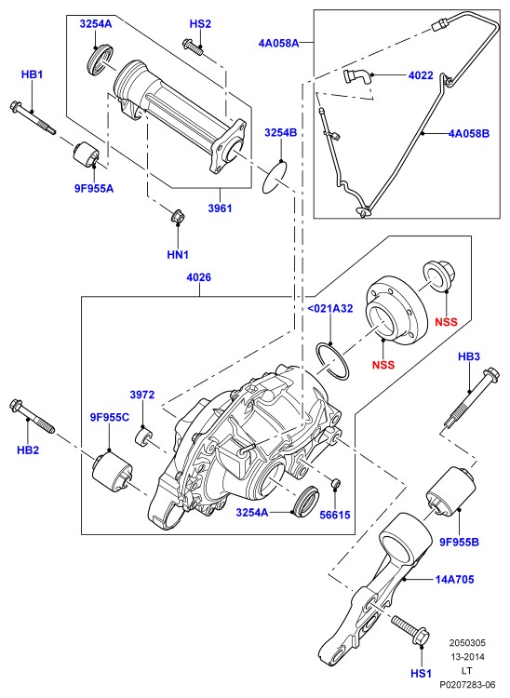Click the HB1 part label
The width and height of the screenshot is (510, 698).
tap(32, 74)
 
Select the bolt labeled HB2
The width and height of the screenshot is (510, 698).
tap(32, 416)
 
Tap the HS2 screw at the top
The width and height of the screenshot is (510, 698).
tap(193, 47)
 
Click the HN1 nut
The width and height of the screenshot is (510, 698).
tap(178, 216)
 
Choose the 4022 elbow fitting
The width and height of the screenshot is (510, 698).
tap(356, 76)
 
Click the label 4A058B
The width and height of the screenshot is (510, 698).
tap(469, 133)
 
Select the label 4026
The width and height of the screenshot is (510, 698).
tap(199, 277)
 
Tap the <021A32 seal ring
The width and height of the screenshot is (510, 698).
tap(333, 360)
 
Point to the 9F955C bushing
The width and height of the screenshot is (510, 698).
tap(113, 472)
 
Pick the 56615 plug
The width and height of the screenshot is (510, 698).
tap(336, 482)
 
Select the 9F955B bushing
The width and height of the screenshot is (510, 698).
tap(451, 492)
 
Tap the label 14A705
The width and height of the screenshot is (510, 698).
tap(454, 579)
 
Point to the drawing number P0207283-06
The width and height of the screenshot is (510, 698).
tap(467, 684)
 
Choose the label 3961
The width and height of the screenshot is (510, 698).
tap(220, 208)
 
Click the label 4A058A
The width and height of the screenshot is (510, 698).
tap(278, 43)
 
